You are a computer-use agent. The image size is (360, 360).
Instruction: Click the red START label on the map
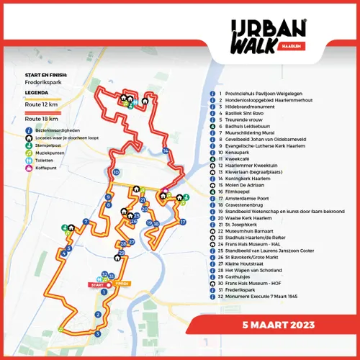(x=96, y=285)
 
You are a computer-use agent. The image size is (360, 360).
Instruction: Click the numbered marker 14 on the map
(x=166, y=150)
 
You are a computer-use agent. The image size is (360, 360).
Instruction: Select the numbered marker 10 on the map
(x=116, y=173)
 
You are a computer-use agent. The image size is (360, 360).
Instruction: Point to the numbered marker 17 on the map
(x=182, y=221)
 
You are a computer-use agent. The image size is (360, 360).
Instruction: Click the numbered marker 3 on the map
(x=97, y=334)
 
